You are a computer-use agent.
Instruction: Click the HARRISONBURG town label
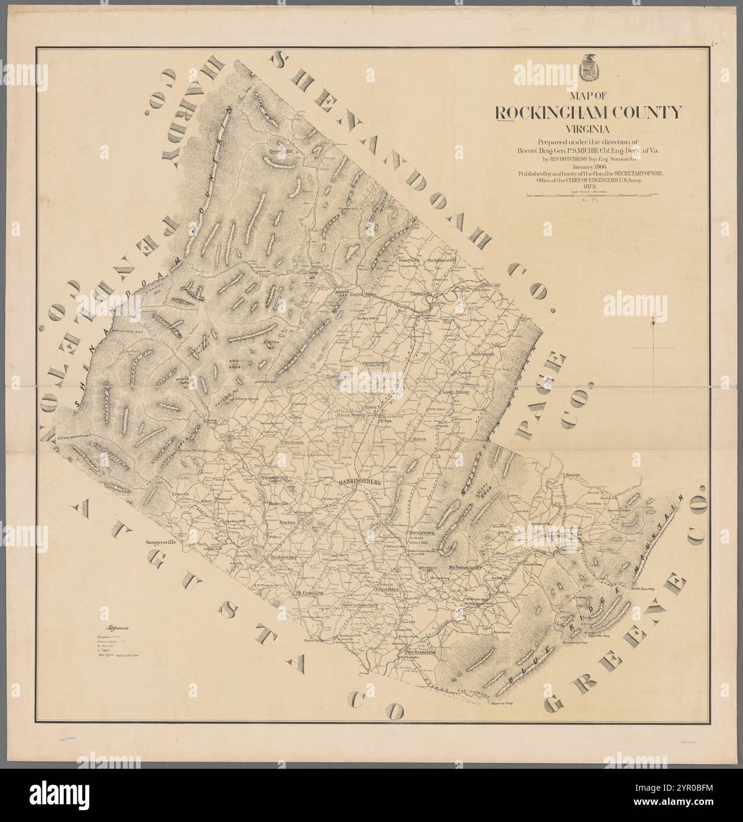[x=358, y=483]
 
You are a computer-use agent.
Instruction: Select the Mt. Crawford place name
[x=309, y=593]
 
